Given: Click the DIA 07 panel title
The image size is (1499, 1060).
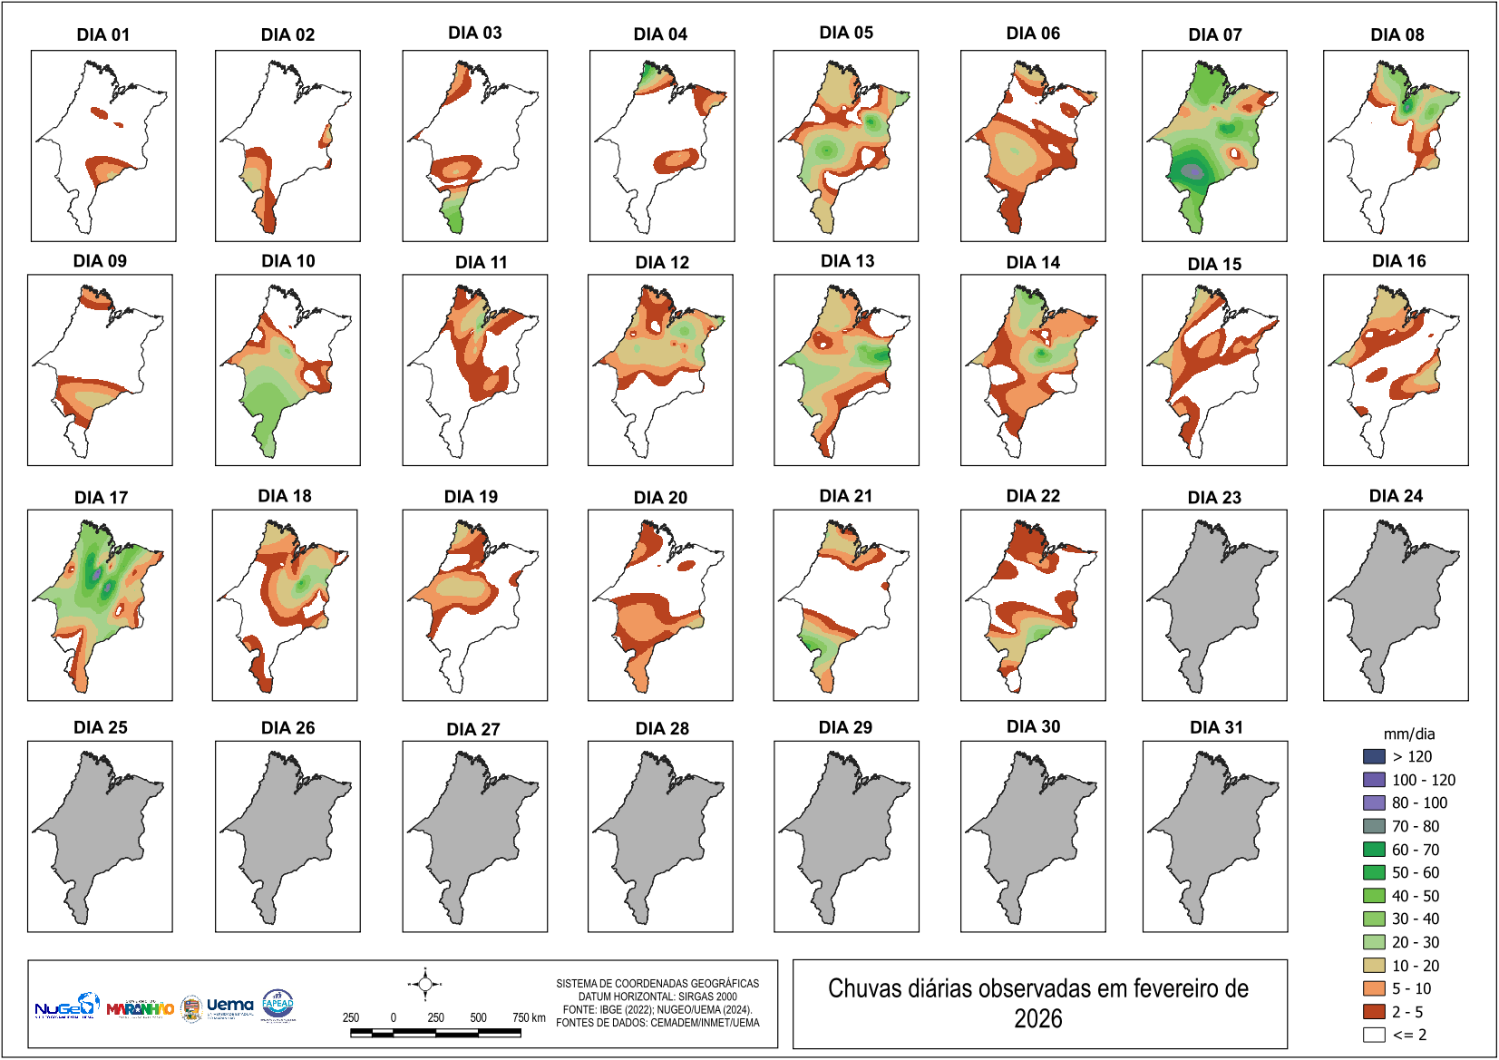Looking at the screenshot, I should click(x=1214, y=34).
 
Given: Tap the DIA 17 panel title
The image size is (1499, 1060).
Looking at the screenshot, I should click(x=101, y=497).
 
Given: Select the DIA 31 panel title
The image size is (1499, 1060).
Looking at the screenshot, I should click(x=1216, y=727).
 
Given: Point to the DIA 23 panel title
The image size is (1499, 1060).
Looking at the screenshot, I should click(x=1214, y=497).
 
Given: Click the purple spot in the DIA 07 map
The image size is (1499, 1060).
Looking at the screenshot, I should click(x=1193, y=170).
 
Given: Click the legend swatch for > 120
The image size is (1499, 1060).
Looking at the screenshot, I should click(x=1374, y=756).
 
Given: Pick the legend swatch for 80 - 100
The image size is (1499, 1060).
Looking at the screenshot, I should click(x=1374, y=802).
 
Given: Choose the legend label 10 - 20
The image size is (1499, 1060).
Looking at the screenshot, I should click(x=1416, y=966).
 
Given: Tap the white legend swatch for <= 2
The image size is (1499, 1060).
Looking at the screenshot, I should click(x=1374, y=1035).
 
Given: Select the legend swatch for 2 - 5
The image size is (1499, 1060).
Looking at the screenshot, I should click(x=1374, y=1012).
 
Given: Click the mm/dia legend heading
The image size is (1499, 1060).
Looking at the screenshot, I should click(x=1408, y=734).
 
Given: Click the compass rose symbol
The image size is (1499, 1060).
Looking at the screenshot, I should click(x=424, y=984).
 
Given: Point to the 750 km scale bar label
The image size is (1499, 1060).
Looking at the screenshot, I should click(x=529, y=1017).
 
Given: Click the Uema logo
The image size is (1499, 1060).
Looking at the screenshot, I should click(x=229, y=1006).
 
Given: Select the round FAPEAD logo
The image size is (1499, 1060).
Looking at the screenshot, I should click(x=277, y=1004).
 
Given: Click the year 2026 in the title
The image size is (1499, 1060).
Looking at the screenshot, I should click(x=1037, y=1019).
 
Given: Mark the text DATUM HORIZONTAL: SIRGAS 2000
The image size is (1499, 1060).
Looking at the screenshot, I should click(x=657, y=997).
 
